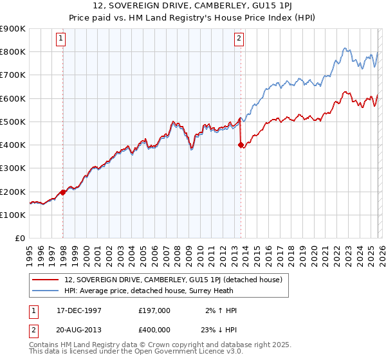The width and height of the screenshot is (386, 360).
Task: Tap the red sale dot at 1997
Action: (x=63, y=192)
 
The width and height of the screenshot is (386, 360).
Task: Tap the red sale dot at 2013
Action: (x=241, y=145)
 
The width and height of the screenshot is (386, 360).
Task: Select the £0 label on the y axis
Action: (x=20, y=239)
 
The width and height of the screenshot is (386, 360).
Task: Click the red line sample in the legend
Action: (x=46, y=280)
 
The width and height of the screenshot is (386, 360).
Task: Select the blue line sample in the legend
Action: (x=46, y=291)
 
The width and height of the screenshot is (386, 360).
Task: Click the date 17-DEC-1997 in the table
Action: (x=79, y=310)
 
